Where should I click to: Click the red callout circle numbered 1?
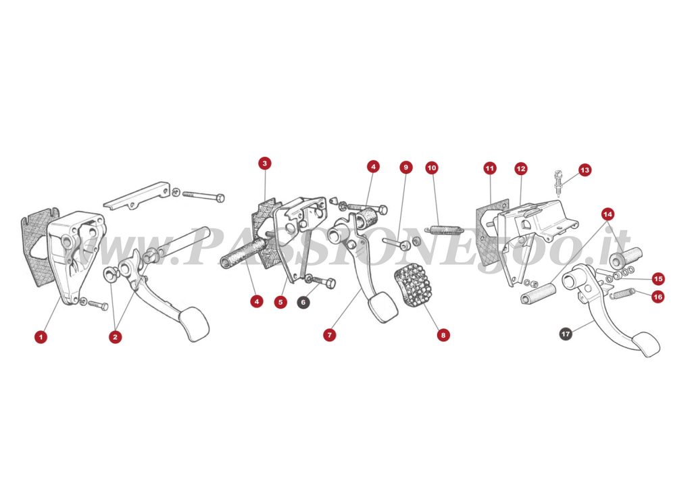[x=41, y=337]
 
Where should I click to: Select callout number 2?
[x=115, y=337]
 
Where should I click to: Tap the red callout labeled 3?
[x=264, y=164]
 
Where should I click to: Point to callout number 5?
[x=280, y=302]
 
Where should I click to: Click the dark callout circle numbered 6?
[x=303, y=302]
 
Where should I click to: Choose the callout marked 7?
[x=330, y=335]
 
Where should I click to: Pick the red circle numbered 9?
[x=405, y=168]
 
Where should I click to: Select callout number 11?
[x=490, y=168]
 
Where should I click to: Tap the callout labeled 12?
[x=521, y=168]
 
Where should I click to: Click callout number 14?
[x=608, y=214]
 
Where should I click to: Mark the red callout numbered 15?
[x=658, y=279]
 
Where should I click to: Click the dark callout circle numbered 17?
[x=566, y=334]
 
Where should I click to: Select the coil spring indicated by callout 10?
[x=445, y=230]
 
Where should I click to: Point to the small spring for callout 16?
[x=622, y=293]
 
